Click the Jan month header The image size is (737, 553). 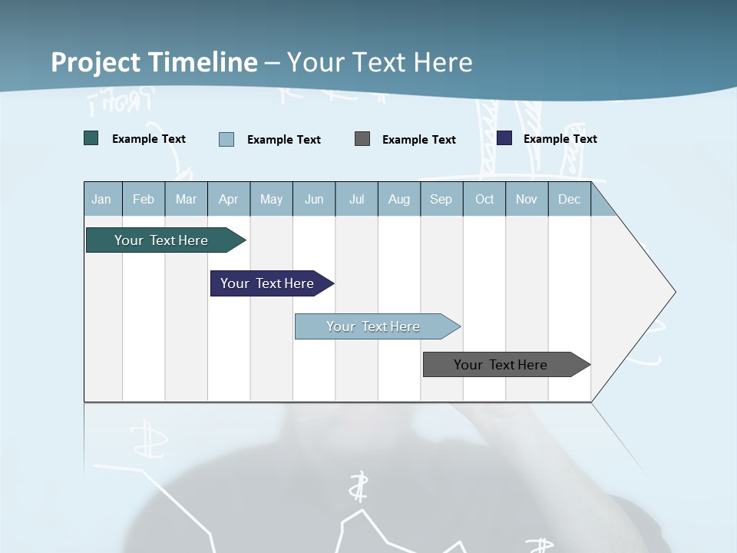102,199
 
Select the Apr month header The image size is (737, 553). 229,199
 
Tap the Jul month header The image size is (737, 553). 356,199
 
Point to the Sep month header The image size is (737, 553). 441,199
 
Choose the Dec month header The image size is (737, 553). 569,199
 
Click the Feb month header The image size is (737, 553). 144,199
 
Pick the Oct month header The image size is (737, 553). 484,199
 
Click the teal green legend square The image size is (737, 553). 91,138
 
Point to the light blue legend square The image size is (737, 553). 226,139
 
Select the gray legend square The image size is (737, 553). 362,139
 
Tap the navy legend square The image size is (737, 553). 504,138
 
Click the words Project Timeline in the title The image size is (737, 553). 154,62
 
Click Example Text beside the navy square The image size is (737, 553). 560,139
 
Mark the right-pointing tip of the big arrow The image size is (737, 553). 673,292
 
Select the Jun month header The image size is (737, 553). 314,199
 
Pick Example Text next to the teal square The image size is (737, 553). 149,139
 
